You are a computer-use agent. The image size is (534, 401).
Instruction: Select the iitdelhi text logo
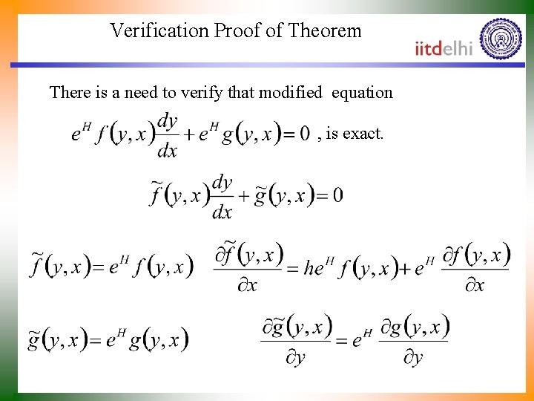444,48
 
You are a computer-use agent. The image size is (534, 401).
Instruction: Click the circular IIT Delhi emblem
501,38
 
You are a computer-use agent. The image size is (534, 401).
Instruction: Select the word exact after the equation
364,134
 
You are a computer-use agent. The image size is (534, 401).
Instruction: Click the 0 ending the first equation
304,134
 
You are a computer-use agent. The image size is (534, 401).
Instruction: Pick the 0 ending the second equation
337,195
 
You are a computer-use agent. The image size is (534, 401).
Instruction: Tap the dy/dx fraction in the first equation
168,135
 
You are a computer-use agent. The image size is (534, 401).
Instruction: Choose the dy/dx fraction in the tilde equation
222,197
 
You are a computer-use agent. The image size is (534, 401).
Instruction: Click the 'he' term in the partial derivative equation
314,267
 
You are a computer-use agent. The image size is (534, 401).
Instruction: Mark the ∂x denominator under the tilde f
247,285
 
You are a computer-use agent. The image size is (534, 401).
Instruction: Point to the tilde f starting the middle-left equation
37,265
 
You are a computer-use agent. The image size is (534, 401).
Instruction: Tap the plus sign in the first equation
189,135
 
